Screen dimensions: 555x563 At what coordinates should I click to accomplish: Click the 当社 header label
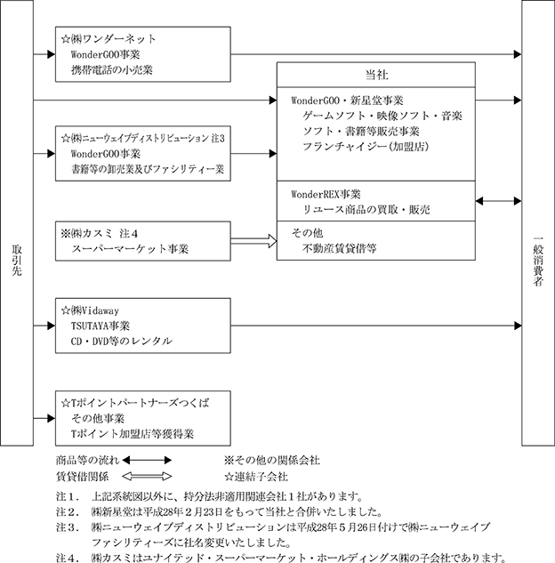click(x=376, y=75)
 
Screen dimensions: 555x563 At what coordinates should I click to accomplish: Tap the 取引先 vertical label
click(x=17, y=261)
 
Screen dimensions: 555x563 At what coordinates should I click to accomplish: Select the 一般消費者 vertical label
click(x=537, y=261)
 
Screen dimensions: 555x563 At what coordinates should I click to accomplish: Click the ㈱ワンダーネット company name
click(x=108, y=39)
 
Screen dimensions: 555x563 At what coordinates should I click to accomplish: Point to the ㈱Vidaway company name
click(x=90, y=310)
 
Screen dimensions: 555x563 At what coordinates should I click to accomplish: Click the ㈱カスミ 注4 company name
click(x=99, y=234)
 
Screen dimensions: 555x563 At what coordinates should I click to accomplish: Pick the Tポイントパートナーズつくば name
click(x=135, y=403)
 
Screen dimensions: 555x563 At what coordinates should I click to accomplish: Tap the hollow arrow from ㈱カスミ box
click(x=253, y=241)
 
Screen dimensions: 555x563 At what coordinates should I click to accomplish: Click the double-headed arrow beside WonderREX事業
click(x=498, y=201)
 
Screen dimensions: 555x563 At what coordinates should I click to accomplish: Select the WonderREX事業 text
click(x=326, y=195)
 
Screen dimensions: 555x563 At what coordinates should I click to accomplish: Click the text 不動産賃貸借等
click(x=339, y=248)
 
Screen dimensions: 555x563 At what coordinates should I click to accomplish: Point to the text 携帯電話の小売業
click(x=112, y=69)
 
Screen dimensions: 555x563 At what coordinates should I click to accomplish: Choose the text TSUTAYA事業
click(x=101, y=326)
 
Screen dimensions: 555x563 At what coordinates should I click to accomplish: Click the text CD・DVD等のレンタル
click(x=121, y=342)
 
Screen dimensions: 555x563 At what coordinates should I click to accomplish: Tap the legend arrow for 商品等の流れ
click(x=147, y=461)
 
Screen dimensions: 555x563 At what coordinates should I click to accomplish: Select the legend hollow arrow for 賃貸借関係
click(x=147, y=477)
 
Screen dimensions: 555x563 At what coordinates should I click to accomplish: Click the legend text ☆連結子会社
click(x=256, y=477)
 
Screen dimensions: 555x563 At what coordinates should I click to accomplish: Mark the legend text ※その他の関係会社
click(x=272, y=461)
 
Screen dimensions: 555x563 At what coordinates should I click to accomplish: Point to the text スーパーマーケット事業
click(x=130, y=249)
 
